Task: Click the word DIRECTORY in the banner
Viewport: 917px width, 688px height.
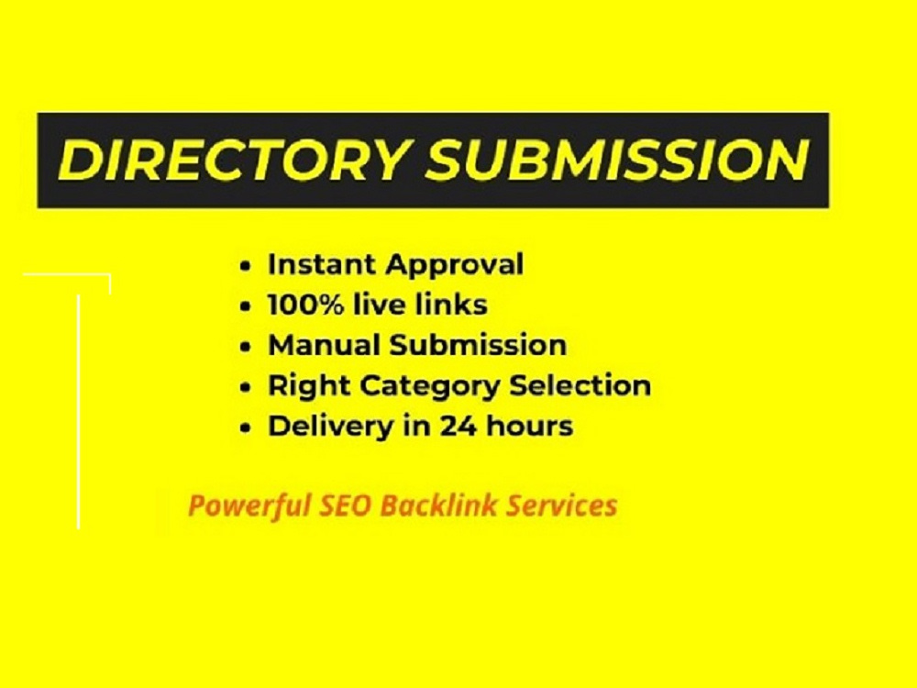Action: [232, 160]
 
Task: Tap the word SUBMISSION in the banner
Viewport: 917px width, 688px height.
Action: [617, 160]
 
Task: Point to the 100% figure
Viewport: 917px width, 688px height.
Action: [305, 305]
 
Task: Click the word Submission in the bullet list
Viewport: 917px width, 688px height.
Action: [479, 345]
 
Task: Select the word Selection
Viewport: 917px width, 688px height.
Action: [580, 385]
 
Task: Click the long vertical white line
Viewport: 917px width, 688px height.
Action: [78, 412]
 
